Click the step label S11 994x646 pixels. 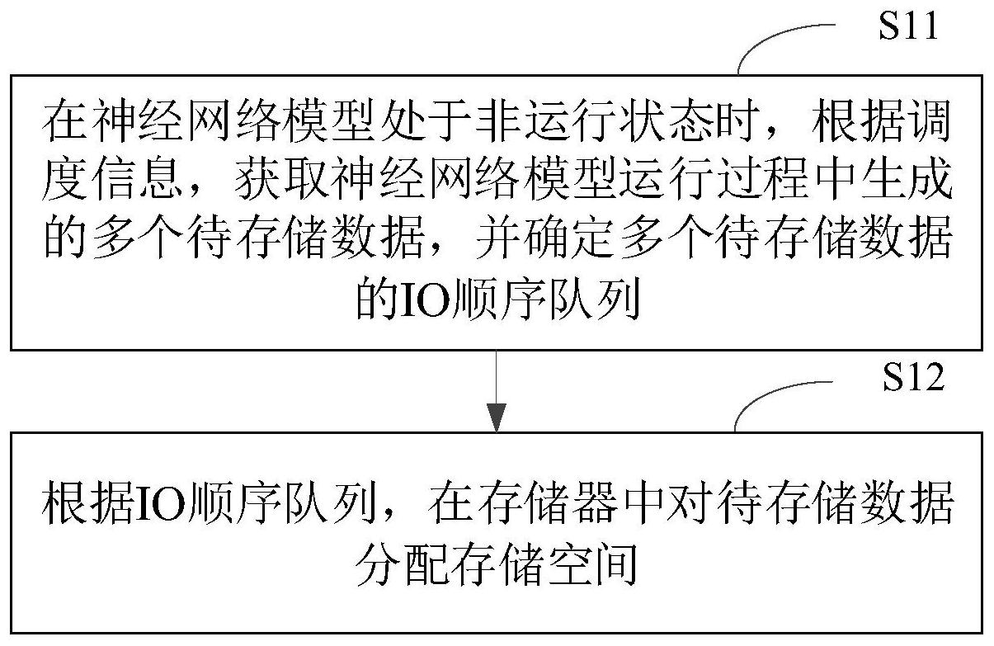click(x=908, y=26)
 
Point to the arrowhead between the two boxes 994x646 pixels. click(x=496, y=417)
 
